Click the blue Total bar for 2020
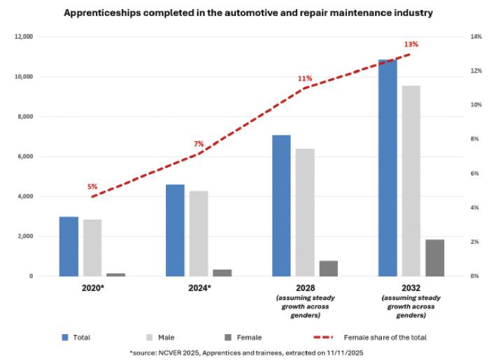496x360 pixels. point(69,246)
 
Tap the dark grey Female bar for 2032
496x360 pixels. point(434,258)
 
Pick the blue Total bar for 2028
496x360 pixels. point(281,206)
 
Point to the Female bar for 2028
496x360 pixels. point(328,268)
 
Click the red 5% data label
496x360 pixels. point(92,187)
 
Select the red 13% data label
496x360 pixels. point(411,45)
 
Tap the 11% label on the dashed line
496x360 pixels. point(305,78)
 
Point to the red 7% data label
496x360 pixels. point(199,144)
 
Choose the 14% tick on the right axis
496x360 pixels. point(476,36)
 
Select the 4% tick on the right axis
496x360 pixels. point(474,208)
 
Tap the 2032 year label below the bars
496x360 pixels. point(411,287)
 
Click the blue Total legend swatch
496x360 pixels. point(64,337)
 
